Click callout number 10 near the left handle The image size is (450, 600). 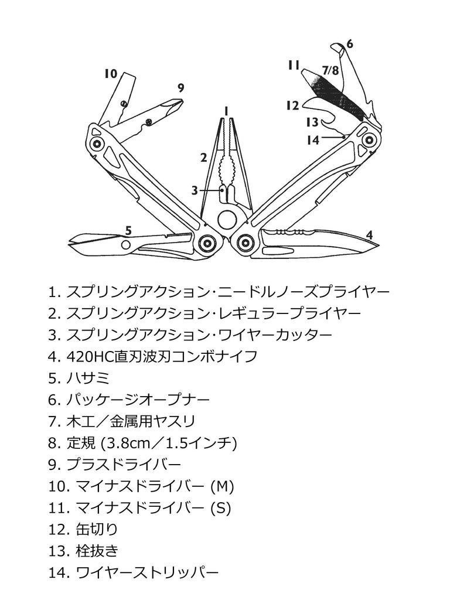[111, 74]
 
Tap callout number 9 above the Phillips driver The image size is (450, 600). [181, 88]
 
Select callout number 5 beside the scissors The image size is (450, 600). [128, 230]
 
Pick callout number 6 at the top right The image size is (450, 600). [350, 44]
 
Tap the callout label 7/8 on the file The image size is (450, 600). [330, 70]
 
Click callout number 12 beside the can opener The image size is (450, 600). [293, 105]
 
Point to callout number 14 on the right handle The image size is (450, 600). [313, 139]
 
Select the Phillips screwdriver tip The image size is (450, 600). [178, 107]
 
